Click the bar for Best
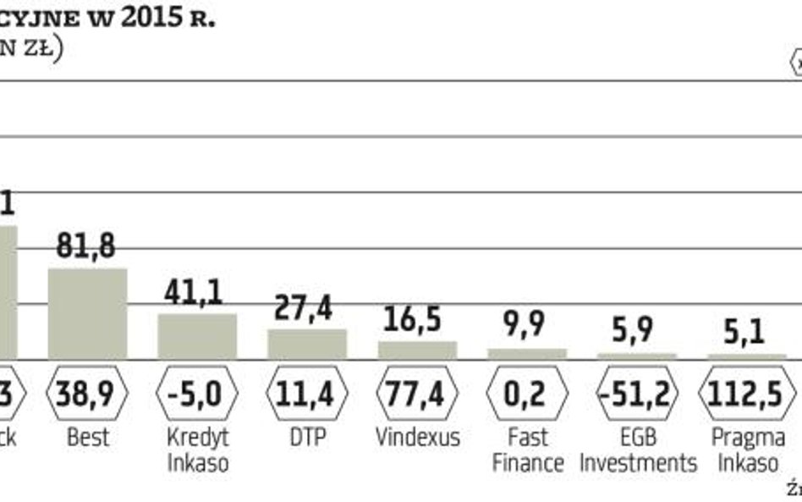pos(87,313)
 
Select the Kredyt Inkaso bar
pos(197,336)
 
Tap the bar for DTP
pos(307,344)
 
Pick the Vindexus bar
pos(417,350)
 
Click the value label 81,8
pos(85,246)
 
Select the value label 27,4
pos(305,308)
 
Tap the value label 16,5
pos(415,321)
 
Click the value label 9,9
pos(525,325)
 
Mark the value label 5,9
pos(634,329)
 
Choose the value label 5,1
pos(744,331)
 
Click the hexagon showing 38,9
pos(87,394)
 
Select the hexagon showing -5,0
pos(197,394)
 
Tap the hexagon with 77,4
pos(417,394)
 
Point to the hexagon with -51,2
pos(637,394)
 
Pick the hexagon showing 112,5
pos(746,394)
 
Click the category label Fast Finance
pos(527,450)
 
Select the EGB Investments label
pos(637,450)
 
